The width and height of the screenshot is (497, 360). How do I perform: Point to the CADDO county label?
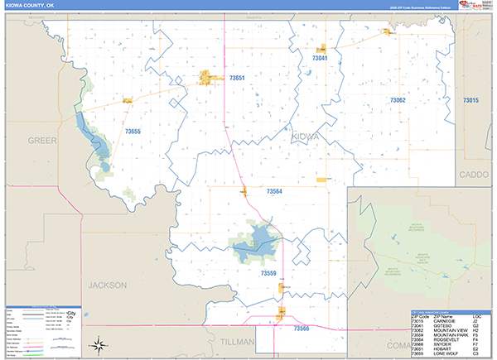(474, 175)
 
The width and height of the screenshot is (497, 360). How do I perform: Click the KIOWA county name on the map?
(305, 137)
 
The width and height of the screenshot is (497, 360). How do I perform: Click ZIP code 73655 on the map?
(133, 131)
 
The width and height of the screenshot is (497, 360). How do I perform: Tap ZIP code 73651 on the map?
(237, 78)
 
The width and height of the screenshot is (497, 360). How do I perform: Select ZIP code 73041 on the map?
(320, 59)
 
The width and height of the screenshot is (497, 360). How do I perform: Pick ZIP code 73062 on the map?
(398, 99)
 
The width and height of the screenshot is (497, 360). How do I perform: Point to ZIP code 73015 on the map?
(470, 100)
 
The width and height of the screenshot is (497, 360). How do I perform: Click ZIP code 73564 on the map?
(274, 192)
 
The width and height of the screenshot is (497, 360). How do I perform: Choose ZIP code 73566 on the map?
(301, 329)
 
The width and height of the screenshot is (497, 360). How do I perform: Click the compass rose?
(98, 344)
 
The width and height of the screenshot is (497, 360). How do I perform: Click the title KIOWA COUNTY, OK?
(31, 5)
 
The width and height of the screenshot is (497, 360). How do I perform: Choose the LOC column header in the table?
(476, 317)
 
